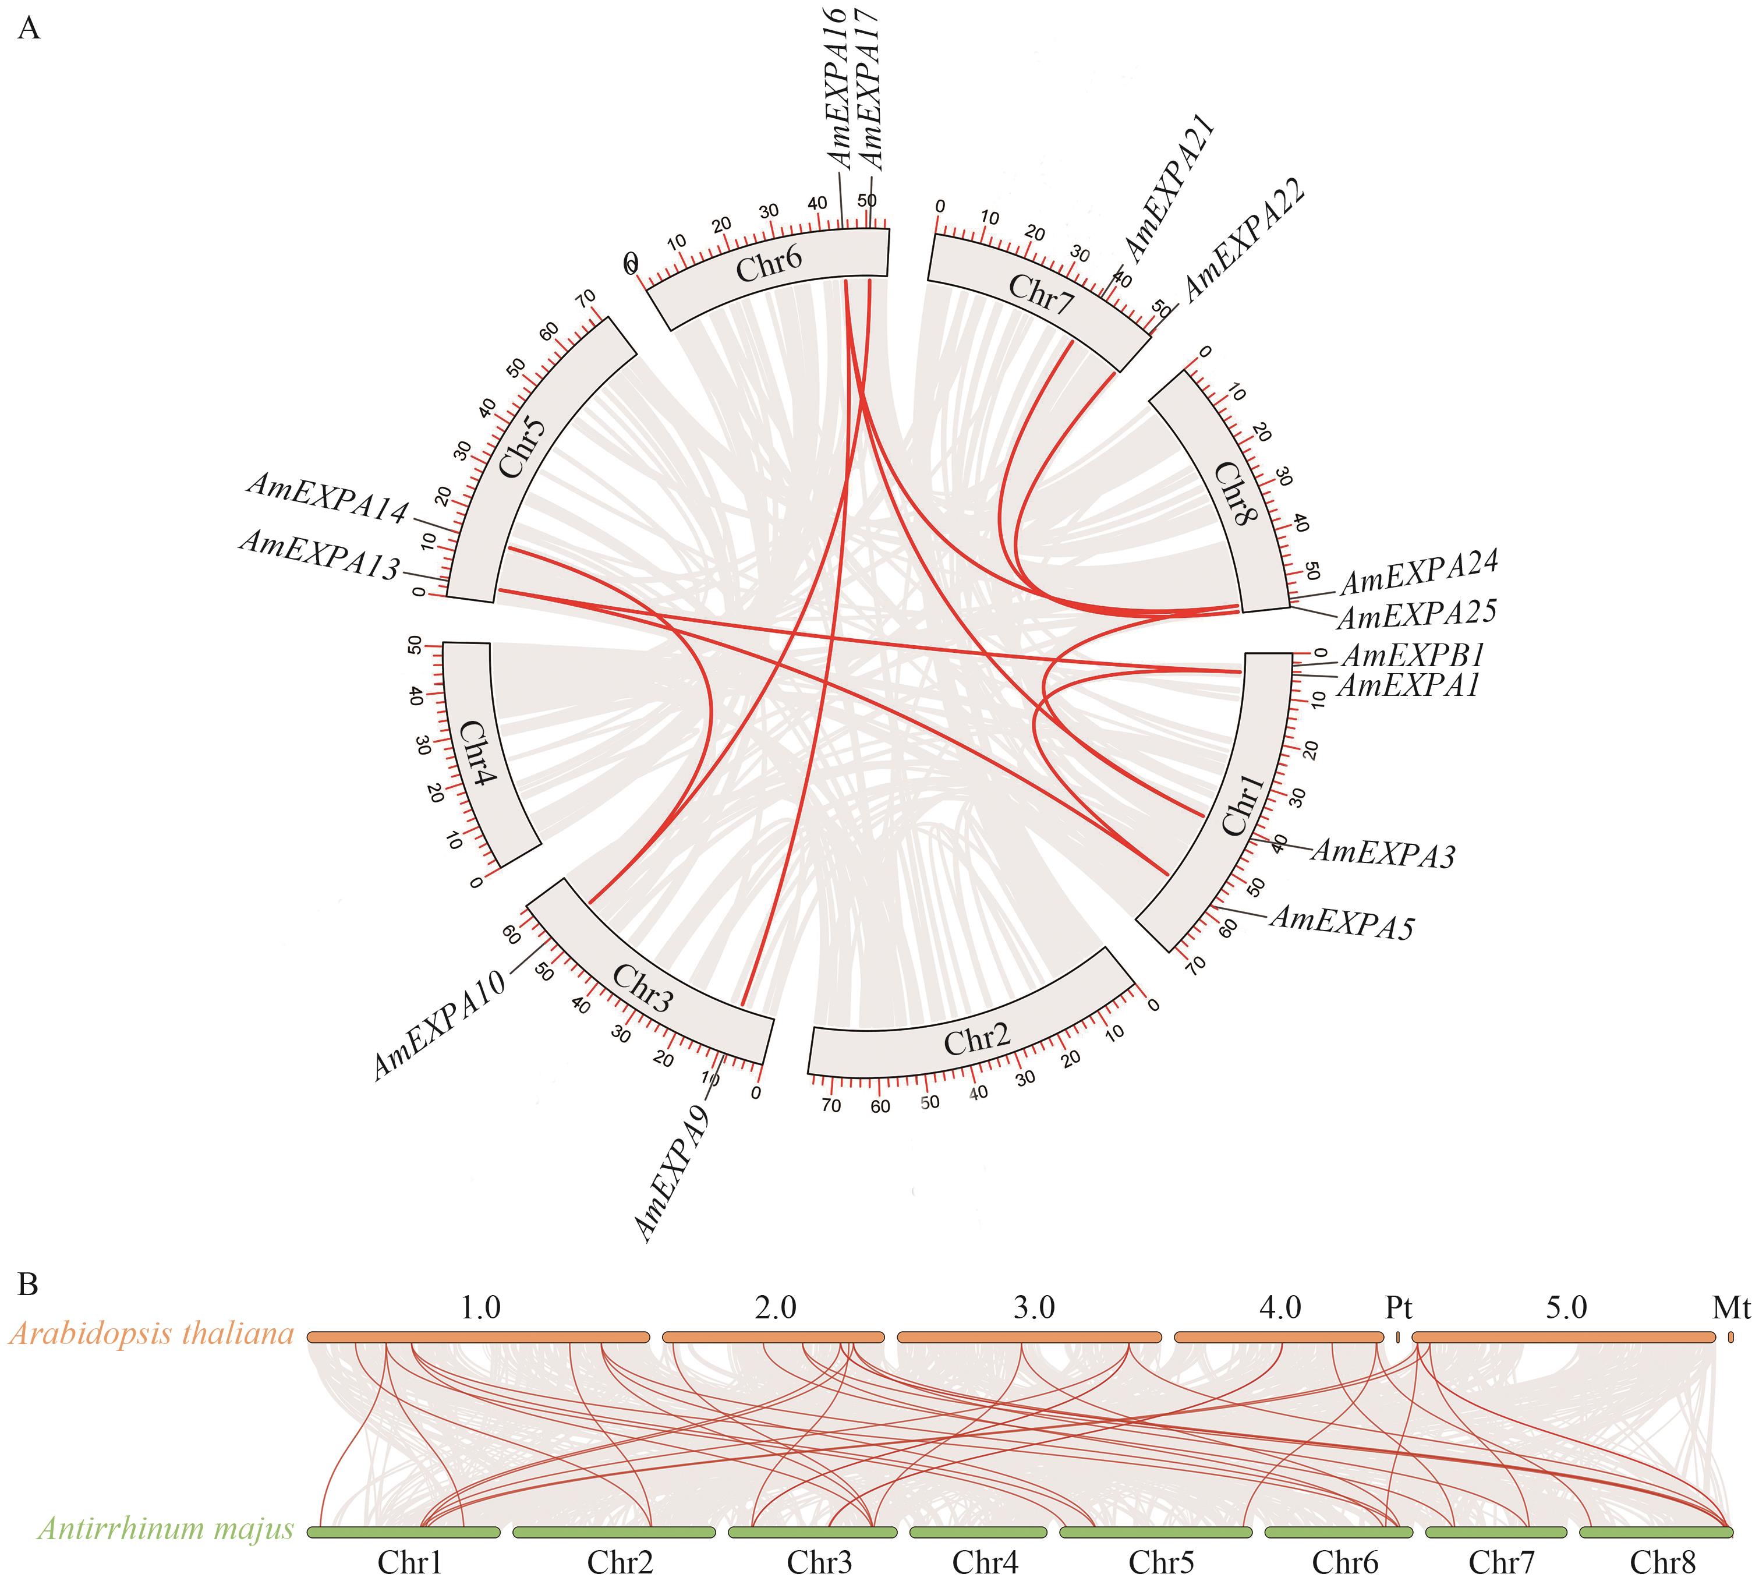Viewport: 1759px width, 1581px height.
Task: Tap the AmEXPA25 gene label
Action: (1417, 614)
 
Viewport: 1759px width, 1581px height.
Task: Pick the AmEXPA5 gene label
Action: (1342, 922)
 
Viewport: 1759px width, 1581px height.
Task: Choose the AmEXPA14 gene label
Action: (327, 498)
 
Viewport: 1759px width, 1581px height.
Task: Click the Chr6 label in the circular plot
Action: (769, 263)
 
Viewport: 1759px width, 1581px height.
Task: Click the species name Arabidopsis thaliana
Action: (152, 1334)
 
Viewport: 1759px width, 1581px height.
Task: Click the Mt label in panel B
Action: (1730, 1307)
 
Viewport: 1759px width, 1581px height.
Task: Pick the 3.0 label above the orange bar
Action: (1034, 1307)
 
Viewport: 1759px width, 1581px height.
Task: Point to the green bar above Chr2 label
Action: (614, 1533)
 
